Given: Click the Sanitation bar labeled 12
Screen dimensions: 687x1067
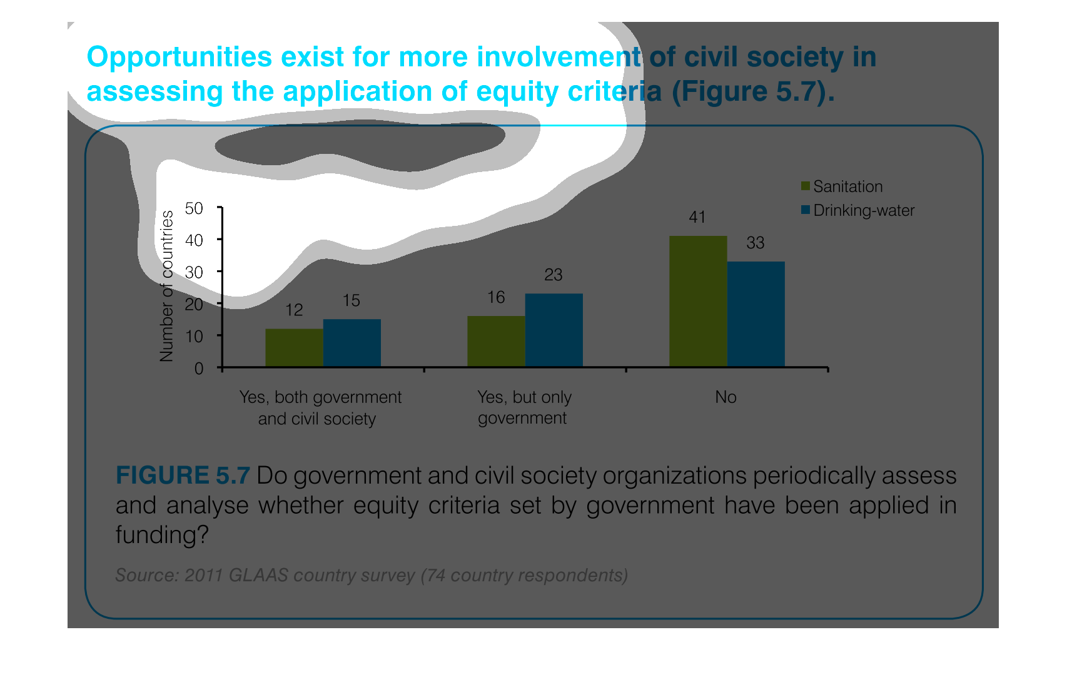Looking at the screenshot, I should coord(294,347).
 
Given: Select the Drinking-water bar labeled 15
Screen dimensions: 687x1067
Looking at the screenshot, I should coord(351,342).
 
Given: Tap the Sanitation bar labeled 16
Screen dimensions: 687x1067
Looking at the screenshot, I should coord(496,341).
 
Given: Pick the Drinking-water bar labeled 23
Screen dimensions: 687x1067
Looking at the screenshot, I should coord(554,330).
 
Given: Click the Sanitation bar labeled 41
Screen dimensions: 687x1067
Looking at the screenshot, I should coord(698,301).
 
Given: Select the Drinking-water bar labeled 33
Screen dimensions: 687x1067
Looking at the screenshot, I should coord(756,313).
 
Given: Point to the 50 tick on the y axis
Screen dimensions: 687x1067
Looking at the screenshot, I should coord(195,208).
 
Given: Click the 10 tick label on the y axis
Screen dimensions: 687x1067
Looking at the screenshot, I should coord(195,336).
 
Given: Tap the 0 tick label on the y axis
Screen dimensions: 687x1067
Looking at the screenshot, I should coord(199,368).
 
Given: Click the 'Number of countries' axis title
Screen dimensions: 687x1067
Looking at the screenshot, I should coord(166,286).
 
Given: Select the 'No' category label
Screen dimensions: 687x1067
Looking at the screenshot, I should coord(726,397).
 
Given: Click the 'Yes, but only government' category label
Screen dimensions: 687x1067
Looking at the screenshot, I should coord(524,407).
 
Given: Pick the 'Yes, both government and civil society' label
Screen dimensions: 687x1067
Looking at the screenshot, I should coord(320,408).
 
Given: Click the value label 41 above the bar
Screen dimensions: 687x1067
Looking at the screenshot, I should coord(697,217).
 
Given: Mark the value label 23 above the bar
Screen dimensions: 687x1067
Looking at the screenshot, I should coord(554,275).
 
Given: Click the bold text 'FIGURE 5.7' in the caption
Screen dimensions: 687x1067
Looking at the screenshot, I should coord(183,476).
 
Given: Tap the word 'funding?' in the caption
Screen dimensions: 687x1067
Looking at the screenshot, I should coord(161,535).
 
